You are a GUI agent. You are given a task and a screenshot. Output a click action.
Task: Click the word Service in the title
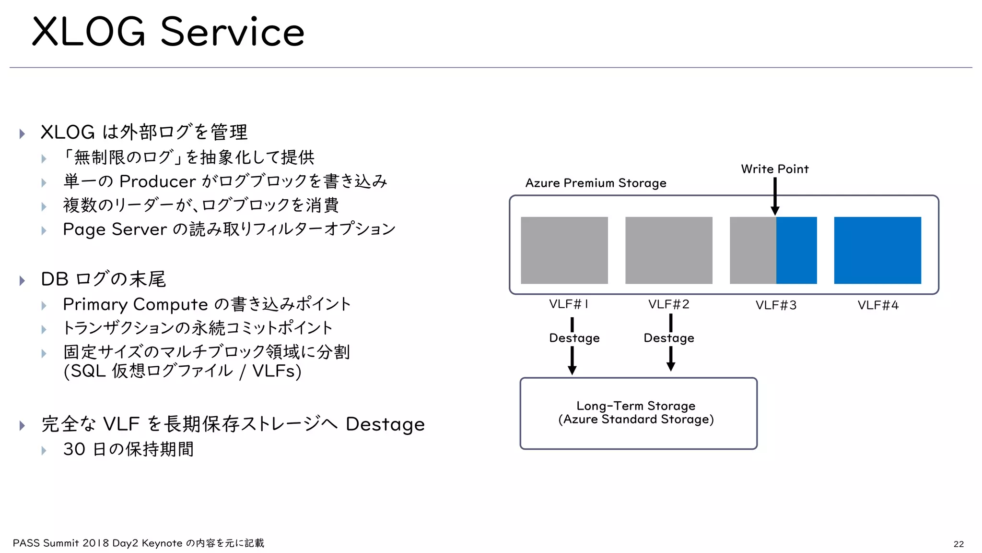(x=232, y=33)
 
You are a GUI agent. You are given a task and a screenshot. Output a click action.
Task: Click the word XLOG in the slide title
(x=89, y=33)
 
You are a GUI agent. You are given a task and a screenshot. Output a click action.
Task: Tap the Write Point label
(x=774, y=169)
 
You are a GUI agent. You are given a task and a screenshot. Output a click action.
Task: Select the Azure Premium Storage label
(x=596, y=183)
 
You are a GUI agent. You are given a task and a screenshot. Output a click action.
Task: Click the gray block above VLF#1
(x=564, y=250)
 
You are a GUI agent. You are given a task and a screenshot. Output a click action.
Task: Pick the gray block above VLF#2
(x=668, y=250)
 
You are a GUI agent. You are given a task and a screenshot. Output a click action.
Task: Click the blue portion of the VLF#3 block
(x=796, y=250)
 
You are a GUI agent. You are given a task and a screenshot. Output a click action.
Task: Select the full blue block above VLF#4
(x=877, y=250)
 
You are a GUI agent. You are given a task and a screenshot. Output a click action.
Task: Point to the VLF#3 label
(x=776, y=305)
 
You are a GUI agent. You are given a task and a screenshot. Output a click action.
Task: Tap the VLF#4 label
(x=878, y=305)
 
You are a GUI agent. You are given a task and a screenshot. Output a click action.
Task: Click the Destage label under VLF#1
(x=574, y=338)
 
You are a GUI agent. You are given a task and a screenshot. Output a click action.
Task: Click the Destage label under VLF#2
(x=669, y=338)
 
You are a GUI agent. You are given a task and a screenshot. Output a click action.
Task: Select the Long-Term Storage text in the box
(x=636, y=406)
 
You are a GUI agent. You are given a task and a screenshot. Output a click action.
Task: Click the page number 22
(x=959, y=544)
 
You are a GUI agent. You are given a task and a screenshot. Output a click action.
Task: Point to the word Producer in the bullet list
(x=157, y=181)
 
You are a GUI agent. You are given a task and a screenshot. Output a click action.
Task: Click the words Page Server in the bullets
(x=115, y=229)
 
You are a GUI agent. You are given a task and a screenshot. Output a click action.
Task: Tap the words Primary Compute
(x=135, y=304)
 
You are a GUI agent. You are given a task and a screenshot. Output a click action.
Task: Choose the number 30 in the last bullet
(x=74, y=449)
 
